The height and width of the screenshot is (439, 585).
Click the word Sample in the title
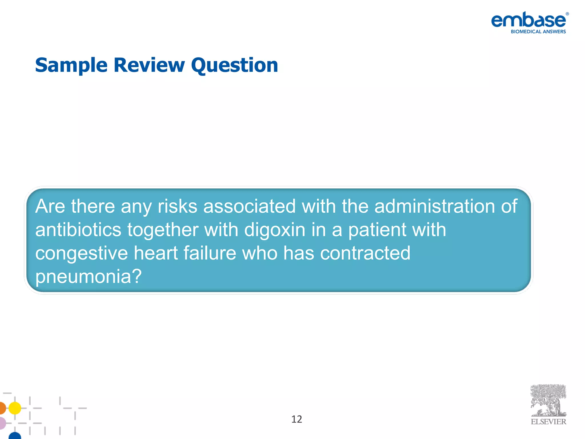(x=71, y=65)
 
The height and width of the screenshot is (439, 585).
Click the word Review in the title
(x=149, y=65)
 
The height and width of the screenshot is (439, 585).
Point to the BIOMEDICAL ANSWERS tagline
(x=538, y=32)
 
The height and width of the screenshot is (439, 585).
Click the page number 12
(x=296, y=419)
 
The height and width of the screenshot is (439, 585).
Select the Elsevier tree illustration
(x=548, y=400)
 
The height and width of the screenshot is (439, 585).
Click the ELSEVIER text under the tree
(x=548, y=422)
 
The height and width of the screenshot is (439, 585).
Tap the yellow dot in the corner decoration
(x=15, y=408)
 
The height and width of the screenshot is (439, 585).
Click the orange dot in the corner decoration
(x=2, y=408)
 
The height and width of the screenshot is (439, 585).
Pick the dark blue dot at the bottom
(x=15, y=436)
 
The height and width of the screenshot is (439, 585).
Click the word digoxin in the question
(x=275, y=230)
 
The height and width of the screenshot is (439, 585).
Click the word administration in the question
(x=434, y=206)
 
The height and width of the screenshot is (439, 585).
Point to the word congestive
(x=81, y=253)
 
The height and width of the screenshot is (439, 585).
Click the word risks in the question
(x=177, y=206)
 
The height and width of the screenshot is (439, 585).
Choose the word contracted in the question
(x=365, y=253)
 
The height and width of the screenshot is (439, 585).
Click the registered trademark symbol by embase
(x=567, y=14)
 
